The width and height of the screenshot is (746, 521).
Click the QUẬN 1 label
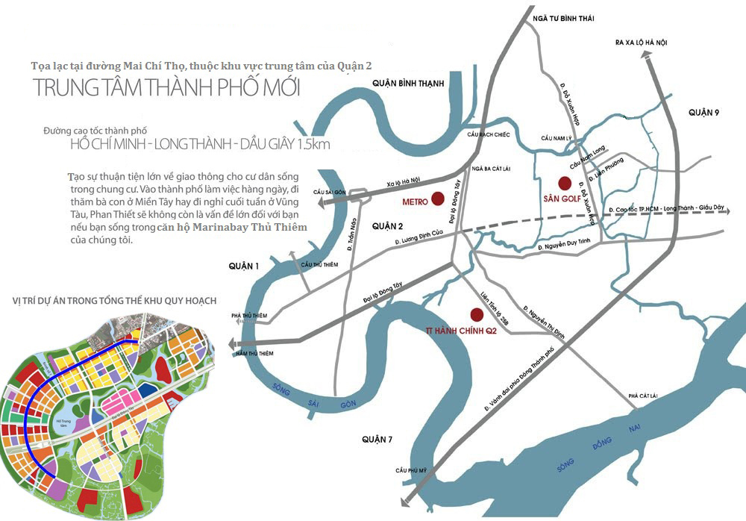click(x=244, y=266)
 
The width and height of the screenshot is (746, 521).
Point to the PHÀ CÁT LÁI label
click(x=645, y=395)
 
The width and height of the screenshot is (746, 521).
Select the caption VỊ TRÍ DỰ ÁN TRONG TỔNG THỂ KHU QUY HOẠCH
click(x=114, y=301)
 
